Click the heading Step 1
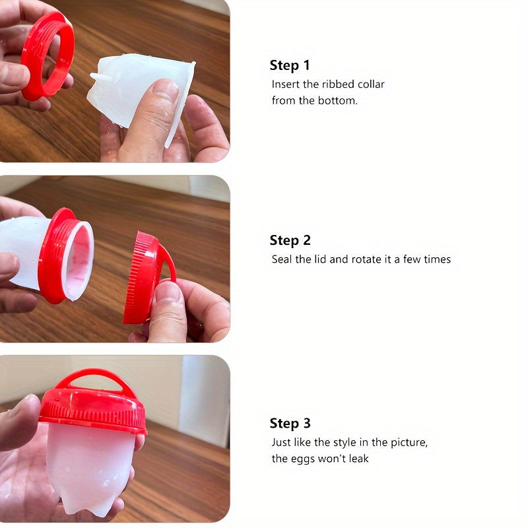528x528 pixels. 290,65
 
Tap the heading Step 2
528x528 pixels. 290,240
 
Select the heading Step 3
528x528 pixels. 290,424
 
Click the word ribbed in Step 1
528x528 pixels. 338,84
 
